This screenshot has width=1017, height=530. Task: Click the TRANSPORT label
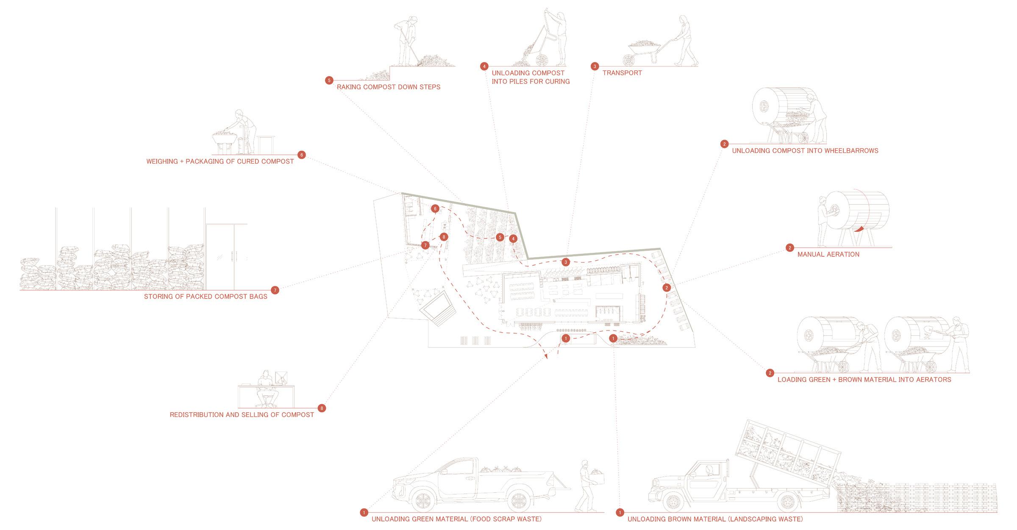coord(622,73)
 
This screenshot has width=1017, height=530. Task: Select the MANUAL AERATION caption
coord(828,254)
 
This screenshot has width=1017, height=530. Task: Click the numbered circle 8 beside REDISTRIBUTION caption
coord(322,408)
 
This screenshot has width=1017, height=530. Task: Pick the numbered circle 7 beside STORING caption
coord(275,290)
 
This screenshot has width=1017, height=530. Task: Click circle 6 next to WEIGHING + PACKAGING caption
coord(301,155)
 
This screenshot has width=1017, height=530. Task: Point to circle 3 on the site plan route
coord(565,262)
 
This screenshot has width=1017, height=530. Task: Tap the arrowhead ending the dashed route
coord(546,357)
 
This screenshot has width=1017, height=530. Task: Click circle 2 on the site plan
coord(666,288)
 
